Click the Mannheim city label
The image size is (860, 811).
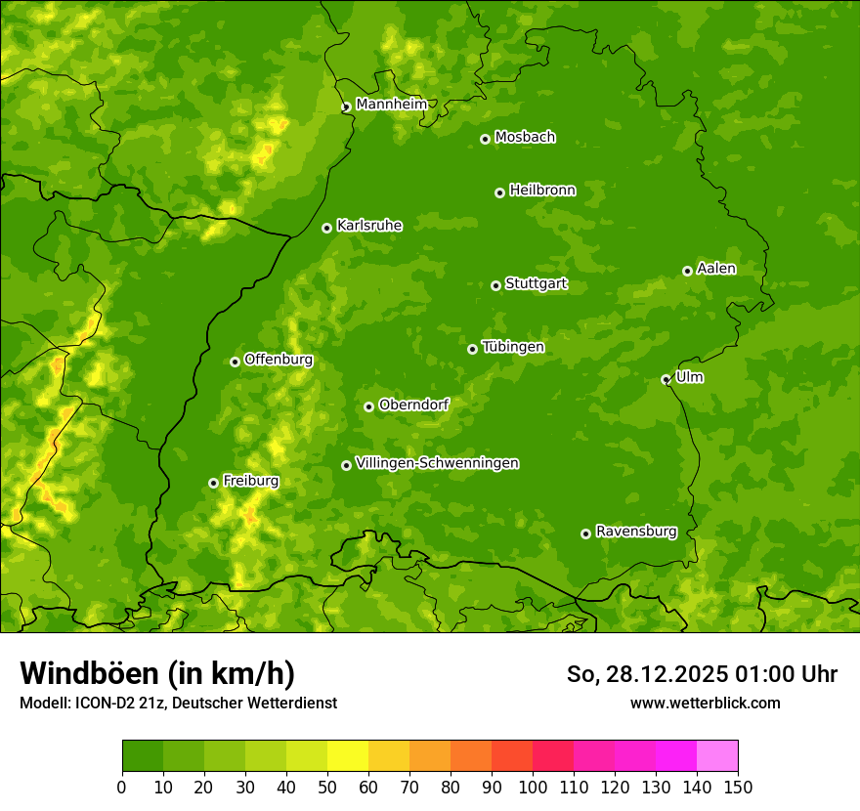click(x=391, y=105)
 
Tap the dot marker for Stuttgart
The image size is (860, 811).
click(x=495, y=285)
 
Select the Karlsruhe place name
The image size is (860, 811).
click(x=368, y=226)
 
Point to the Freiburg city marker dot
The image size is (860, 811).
click(x=213, y=483)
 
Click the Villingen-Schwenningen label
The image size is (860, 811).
click(x=437, y=463)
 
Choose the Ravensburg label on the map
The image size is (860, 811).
click(x=635, y=532)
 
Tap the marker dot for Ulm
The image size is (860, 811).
click(x=666, y=379)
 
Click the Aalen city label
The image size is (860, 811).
click(x=716, y=269)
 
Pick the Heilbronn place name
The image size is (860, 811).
click(x=542, y=191)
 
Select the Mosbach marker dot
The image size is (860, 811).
click(x=485, y=139)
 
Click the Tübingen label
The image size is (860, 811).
click(x=512, y=347)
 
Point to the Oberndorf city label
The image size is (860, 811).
click(x=413, y=405)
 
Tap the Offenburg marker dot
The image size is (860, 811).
click(x=235, y=362)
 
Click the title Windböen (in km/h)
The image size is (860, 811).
click(x=157, y=673)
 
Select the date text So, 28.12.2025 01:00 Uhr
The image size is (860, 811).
click(x=702, y=674)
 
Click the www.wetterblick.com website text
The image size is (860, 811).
click(x=705, y=703)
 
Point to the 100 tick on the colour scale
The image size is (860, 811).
click(x=533, y=787)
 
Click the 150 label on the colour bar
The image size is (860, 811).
click(x=738, y=787)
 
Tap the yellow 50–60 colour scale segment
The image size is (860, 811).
click(x=348, y=755)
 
